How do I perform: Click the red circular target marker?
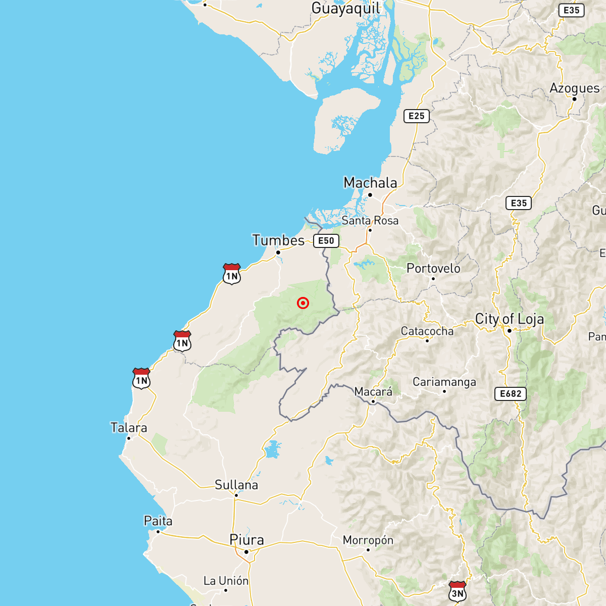303,303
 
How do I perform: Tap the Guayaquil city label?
346,9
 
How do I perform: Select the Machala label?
370,183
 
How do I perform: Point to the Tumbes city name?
278,240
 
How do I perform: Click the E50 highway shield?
326,241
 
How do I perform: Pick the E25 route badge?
417,116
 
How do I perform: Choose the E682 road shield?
510,394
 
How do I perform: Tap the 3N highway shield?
458,592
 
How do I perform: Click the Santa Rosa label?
370,221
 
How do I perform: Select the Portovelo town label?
433,269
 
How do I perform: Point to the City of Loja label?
510,319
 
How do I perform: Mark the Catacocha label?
427,331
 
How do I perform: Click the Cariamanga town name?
444,382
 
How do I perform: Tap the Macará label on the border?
373,392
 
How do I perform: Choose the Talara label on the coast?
129,428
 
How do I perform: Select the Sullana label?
236,485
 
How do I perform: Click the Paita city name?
158,521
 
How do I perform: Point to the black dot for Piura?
246,552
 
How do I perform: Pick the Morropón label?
368,540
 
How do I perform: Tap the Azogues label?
575,88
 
